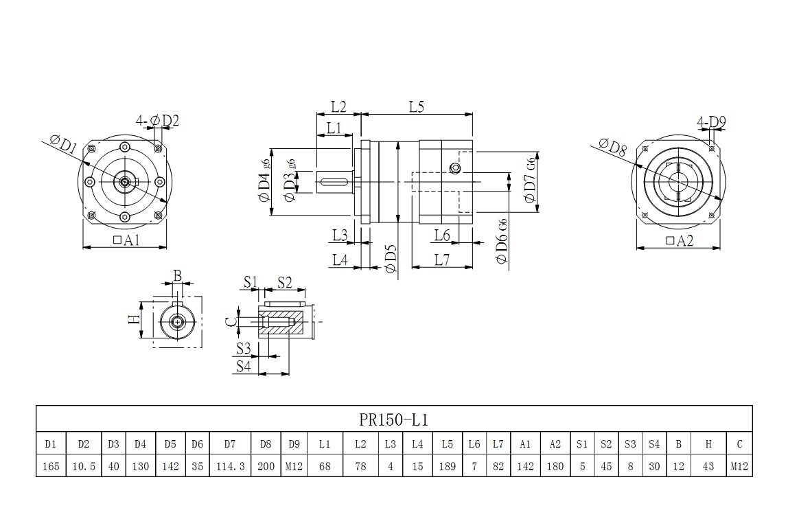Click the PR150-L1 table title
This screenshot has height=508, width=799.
[393, 419]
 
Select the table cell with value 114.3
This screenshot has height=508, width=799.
[230, 466]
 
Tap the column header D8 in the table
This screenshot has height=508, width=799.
[266, 443]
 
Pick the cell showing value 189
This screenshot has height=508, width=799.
[447, 466]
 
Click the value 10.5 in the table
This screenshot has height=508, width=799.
[83, 466]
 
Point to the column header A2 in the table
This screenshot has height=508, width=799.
[555, 443]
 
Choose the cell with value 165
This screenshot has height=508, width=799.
[50, 466]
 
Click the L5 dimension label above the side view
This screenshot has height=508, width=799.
[417, 107]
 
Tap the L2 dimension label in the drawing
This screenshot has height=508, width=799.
[338, 107]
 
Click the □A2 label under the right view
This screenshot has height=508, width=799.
[680, 240]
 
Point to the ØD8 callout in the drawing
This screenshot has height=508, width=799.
[612, 147]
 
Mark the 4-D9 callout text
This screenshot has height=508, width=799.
[711, 123]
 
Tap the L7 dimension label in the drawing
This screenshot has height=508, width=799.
[441, 259]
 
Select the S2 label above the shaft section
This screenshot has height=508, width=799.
[284, 282]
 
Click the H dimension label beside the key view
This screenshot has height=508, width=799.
[133, 319]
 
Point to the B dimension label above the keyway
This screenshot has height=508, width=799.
[177, 276]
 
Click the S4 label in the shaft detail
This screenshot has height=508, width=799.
[243, 366]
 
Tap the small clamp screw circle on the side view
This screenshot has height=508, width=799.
[453, 169]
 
